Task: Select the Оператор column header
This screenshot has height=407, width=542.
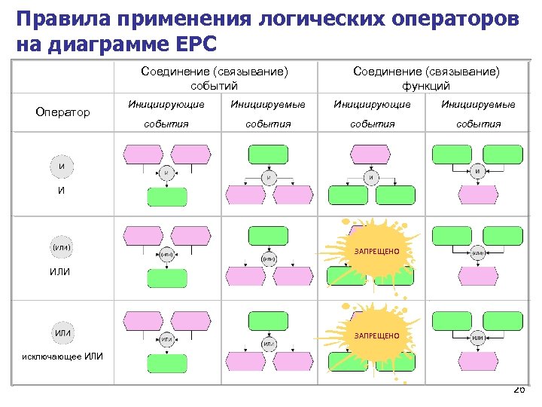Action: pos(62,112)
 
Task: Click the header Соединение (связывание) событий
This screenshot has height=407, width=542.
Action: pos(215,78)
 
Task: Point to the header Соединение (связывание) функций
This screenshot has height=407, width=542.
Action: pos(426,78)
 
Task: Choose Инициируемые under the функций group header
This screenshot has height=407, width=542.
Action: pos(478,104)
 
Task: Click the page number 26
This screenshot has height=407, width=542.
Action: pos(519,390)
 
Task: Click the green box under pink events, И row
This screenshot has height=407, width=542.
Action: pos(167,197)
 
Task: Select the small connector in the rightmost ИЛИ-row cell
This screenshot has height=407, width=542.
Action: pos(478,254)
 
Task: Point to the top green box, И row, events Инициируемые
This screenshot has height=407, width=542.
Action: pos(268,155)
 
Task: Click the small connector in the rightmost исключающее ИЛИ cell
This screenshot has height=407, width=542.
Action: pos(478,338)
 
